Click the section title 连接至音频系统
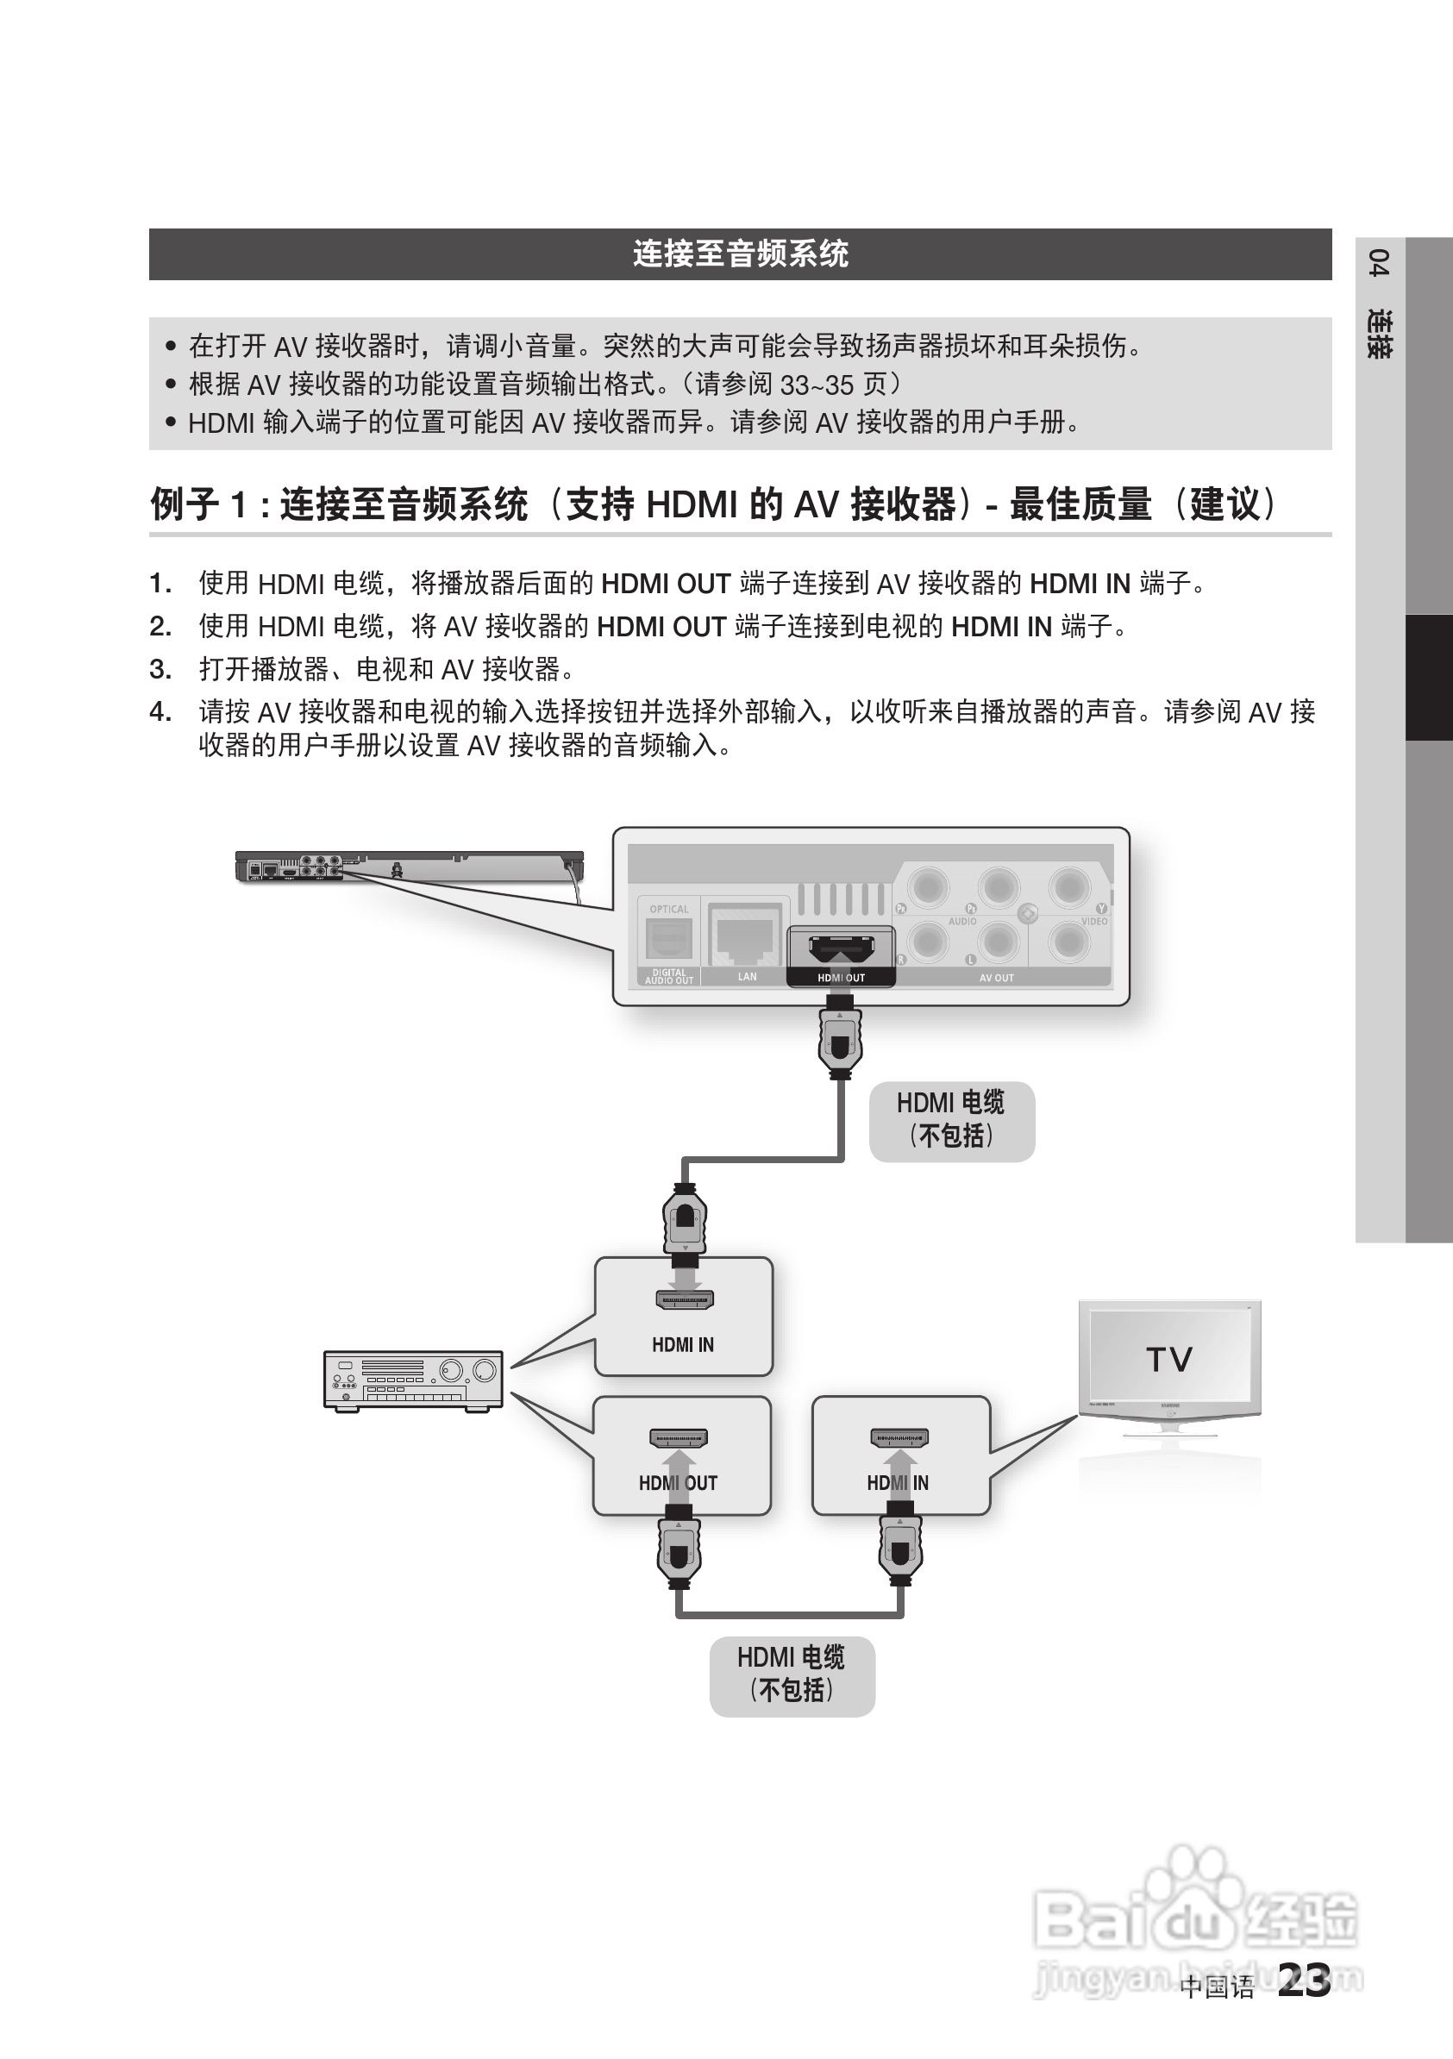pyautogui.click(x=740, y=253)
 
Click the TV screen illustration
pyautogui.click(x=1168, y=1359)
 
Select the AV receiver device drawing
pyautogui.click(x=412, y=1381)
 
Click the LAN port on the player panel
pyautogui.click(x=744, y=937)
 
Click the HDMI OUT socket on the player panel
pyautogui.click(x=841, y=948)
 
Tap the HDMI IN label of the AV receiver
pyautogui.click(x=683, y=1345)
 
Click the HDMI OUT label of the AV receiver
pyautogui.click(x=678, y=1483)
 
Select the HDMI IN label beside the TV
pyautogui.click(x=898, y=1483)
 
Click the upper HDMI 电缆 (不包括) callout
pyautogui.click(x=952, y=1120)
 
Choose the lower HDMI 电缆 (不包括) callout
pyautogui.click(x=791, y=1674)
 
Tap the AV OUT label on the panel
pyautogui.click(x=997, y=979)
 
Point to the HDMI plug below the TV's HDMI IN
pyautogui.click(x=900, y=1550)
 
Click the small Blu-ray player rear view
pyautogui.click(x=409, y=867)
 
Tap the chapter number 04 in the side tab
pyautogui.click(x=1380, y=265)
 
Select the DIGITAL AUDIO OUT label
pyautogui.click(x=669, y=977)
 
